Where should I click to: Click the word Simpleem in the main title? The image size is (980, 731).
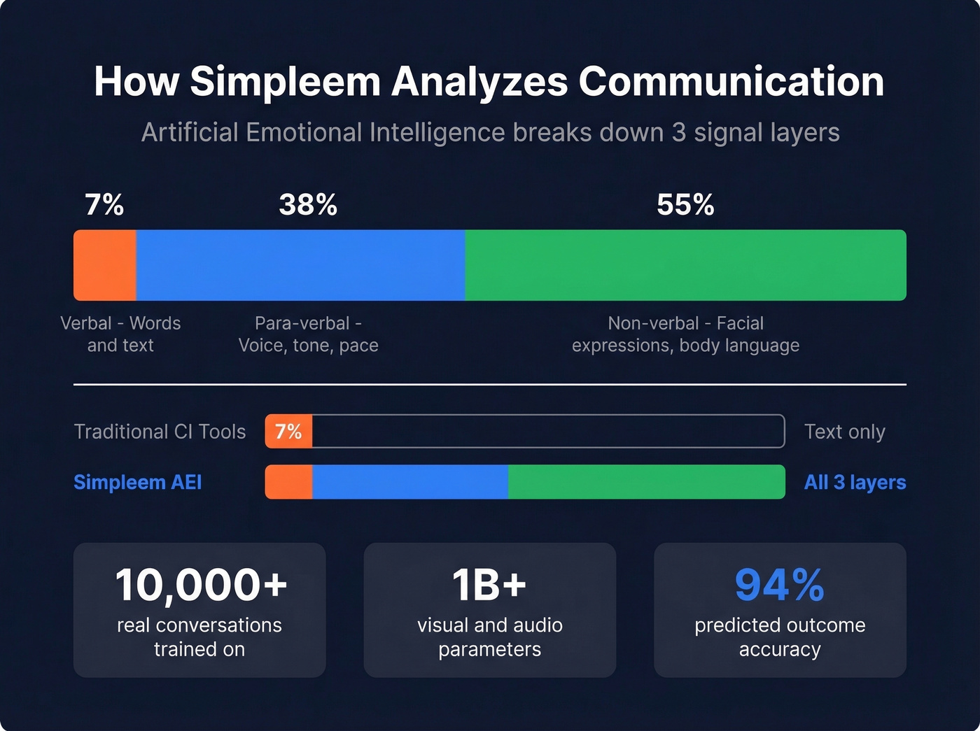[285, 82]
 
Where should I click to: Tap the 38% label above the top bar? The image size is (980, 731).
[308, 205]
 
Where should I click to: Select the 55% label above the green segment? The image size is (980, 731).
[685, 205]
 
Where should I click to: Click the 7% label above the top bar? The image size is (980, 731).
[104, 205]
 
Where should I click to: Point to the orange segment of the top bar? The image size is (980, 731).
[105, 265]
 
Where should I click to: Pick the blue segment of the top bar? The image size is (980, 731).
[301, 265]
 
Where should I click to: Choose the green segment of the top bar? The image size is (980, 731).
[685, 265]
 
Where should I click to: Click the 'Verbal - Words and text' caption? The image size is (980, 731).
[120, 334]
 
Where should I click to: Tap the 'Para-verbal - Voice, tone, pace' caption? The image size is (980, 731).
[308, 334]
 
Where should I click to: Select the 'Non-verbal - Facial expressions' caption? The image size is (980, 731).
[685, 334]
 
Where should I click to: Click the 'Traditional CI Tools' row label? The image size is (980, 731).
[160, 432]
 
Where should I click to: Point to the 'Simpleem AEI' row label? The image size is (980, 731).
[138, 483]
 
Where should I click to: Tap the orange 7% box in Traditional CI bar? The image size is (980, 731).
[288, 432]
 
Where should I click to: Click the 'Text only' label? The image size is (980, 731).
[844, 432]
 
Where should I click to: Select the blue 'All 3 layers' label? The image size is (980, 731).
[855, 483]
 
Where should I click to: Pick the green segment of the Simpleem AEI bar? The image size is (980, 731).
[646, 482]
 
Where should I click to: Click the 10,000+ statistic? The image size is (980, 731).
[201, 585]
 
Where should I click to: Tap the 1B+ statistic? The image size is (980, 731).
[489, 585]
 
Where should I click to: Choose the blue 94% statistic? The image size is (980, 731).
[779, 585]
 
